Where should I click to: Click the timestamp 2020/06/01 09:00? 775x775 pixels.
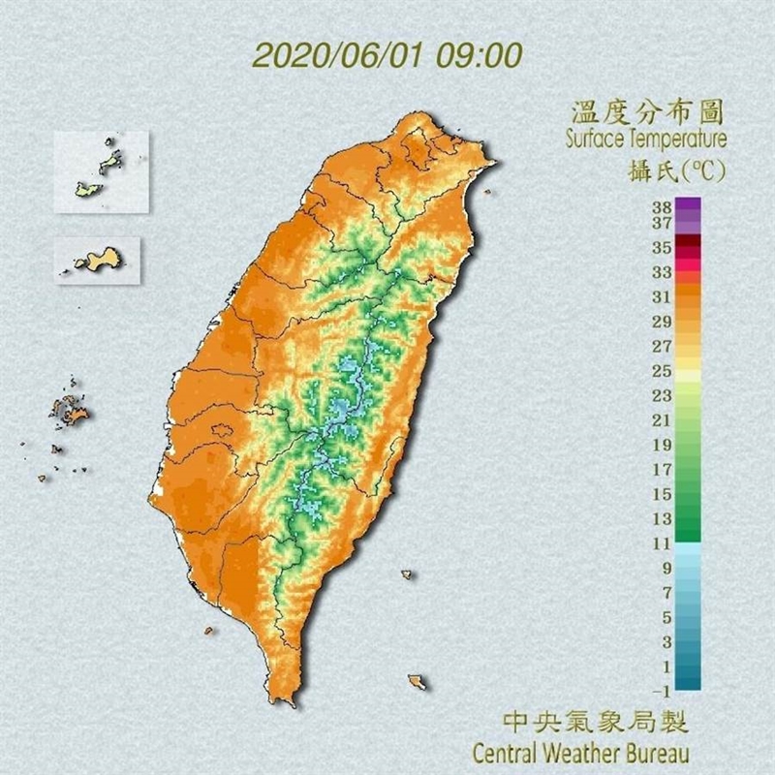coord(387,53)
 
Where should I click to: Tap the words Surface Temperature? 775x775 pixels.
coord(645,139)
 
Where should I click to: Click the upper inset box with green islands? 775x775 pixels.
coord(102,171)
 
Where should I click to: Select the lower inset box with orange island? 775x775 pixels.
coord(98,261)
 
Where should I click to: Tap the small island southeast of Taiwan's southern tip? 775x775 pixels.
coord(417,682)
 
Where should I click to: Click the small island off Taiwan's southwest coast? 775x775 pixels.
coord(207,631)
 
